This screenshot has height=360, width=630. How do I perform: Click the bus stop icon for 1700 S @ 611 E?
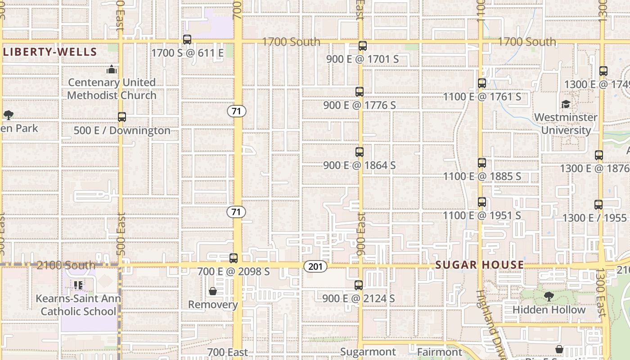187,40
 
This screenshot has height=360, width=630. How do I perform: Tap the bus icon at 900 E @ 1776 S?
360,92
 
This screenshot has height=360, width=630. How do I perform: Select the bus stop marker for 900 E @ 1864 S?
360,152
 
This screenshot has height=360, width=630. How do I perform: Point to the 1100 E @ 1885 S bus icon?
482,163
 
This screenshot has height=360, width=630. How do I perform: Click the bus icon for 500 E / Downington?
122,117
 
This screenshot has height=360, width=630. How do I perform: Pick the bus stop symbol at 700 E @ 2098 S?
233,258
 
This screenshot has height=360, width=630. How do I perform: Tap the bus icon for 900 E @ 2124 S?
359,285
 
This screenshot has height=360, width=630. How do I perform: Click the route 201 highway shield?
315,266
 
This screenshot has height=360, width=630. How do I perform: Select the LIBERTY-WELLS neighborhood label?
50,52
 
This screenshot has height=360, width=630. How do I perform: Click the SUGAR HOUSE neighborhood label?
480,265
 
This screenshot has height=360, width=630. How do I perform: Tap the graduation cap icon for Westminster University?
566,104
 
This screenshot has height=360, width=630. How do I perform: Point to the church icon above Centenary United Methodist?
111,69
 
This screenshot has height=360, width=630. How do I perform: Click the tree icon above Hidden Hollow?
549,296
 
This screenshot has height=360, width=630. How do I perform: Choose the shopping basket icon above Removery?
213,292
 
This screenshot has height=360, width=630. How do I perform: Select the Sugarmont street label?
368,352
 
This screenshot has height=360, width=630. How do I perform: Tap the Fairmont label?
440,352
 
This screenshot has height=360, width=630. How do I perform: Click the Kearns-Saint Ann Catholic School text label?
78,305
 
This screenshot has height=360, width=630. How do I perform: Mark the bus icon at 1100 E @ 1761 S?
482,83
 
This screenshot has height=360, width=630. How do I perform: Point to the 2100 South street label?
66,265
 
